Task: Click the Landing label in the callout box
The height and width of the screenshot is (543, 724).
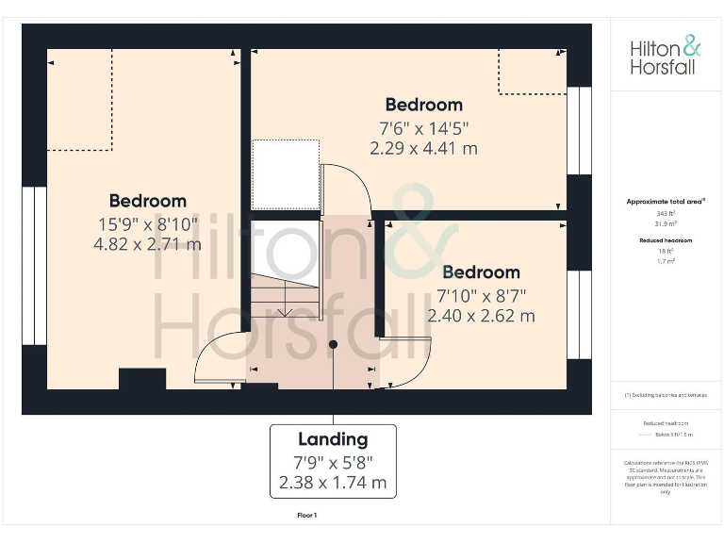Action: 333,439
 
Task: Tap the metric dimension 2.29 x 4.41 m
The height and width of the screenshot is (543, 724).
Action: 423,148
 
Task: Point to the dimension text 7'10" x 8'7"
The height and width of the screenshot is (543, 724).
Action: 481,295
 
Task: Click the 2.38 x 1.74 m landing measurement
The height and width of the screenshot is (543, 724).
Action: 333,483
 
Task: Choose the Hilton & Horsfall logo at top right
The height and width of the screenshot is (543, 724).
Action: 666,57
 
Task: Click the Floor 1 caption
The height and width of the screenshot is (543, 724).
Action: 307,516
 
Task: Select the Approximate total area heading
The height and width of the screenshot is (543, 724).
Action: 665,202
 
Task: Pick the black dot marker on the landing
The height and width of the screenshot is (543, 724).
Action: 333,345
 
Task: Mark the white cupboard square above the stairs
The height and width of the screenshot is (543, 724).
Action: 286,173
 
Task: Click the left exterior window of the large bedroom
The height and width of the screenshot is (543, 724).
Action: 34,266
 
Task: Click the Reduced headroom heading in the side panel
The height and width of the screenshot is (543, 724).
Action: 666,241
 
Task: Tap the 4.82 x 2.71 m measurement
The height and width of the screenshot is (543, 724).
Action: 147,244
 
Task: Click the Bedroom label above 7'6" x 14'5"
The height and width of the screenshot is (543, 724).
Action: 423,105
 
